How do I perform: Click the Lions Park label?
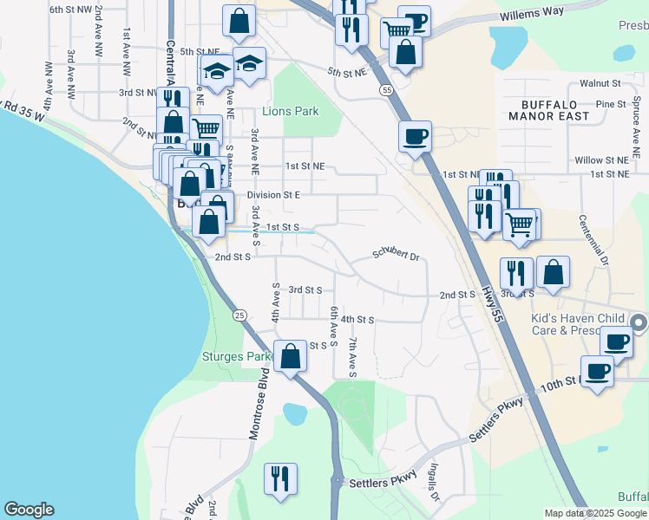point(291,112)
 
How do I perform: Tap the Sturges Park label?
point(236,356)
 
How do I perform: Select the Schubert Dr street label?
point(397,256)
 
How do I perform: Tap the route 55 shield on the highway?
point(383,90)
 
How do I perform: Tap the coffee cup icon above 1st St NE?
point(415,136)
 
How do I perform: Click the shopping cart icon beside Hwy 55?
point(519,224)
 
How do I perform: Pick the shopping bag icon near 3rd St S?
point(553,272)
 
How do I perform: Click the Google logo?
point(29,510)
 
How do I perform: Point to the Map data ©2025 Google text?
point(595,513)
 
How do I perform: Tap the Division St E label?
point(273,195)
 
